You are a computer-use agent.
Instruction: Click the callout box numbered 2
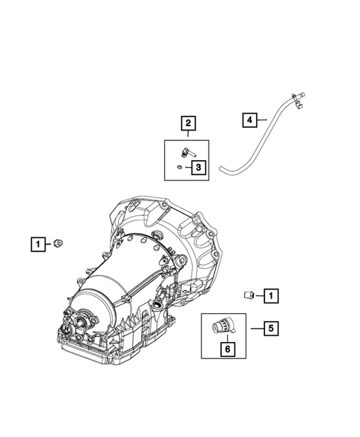click(188, 122)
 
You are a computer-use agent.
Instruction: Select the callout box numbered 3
click(198, 168)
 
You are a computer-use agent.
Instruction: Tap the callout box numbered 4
click(250, 119)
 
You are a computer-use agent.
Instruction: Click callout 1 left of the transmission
click(37, 243)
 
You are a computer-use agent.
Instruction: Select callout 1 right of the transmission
click(271, 296)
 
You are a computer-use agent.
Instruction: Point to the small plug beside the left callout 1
click(58, 243)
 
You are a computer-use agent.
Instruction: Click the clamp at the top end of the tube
click(299, 97)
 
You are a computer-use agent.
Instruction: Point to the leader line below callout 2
click(188, 134)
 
